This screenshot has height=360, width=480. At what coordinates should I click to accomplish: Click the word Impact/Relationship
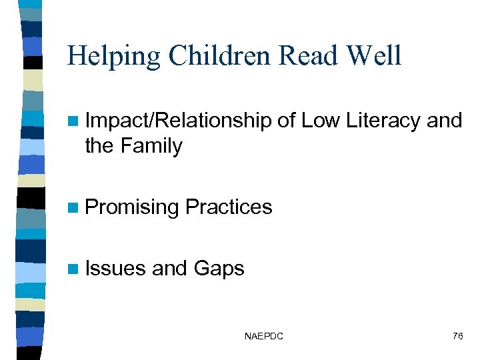(178, 121)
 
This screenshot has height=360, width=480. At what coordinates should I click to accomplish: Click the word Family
(152, 145)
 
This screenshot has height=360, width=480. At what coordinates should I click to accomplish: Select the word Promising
(132, 207)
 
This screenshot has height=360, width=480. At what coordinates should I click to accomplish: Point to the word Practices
(229, 207)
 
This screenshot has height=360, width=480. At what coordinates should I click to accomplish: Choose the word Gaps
(219, 269)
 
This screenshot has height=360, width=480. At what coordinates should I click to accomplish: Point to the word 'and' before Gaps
(169, 268)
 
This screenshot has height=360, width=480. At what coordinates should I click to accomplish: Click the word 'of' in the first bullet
(287, 121)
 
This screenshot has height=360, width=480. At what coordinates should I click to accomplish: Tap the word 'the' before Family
(99, 145)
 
